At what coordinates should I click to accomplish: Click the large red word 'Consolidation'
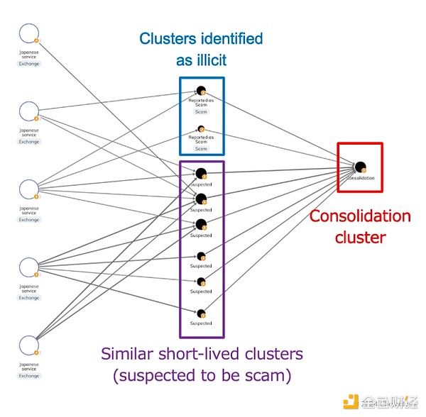click(x=360, y=216)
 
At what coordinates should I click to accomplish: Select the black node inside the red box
click(x=360, y=167)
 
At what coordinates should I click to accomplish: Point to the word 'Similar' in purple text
click(x=130, y=352)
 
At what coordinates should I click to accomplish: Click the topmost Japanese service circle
click(x=29, y=33)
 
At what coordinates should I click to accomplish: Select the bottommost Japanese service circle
click(x=29, y=345)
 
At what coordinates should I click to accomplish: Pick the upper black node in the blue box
click(x=201, y=91)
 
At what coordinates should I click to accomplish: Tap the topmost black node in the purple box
click(x=201, y=173)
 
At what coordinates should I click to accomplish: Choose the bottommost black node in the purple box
click(x=201, y=313)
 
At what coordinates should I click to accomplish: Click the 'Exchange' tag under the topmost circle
click(x=29, y=64)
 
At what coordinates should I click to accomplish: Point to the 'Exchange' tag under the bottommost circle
click(x=29, y=376)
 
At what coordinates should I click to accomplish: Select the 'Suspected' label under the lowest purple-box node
click(x=201, y=323)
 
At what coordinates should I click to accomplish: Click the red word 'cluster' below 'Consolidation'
click(x=359, y=237)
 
